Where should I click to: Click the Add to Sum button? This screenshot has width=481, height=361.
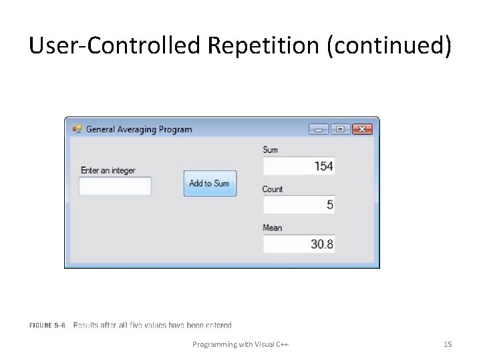[210, 183]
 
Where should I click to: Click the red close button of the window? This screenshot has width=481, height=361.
[362, 129]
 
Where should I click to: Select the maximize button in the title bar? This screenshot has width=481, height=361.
[340, 129]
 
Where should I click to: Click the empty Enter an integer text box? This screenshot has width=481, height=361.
[115, 187]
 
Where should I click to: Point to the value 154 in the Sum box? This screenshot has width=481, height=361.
[323, 166]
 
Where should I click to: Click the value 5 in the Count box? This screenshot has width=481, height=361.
[329, 205]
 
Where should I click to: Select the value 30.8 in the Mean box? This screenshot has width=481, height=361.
[321, 244]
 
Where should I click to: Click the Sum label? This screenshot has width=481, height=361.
[271, 150]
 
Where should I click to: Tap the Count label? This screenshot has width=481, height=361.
[273, 189]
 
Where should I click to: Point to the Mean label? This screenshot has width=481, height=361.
[273, 228]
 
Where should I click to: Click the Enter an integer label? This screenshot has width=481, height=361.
[108, 170]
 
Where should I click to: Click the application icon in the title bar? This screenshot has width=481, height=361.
[77, 129]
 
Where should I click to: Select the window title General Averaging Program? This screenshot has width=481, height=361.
[139, 129]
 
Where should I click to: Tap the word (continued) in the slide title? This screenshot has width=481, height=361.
[389, 46]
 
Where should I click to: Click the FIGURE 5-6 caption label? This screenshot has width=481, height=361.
[47, 326]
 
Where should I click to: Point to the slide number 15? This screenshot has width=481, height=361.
[448, 344]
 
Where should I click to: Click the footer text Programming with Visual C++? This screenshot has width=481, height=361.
[240, 344]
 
